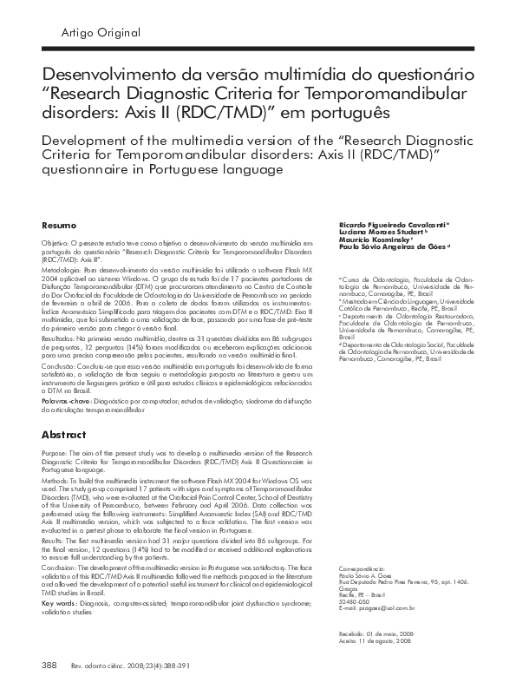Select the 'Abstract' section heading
[62, 434]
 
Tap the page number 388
[49, 666]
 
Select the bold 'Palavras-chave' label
[66, 403]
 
